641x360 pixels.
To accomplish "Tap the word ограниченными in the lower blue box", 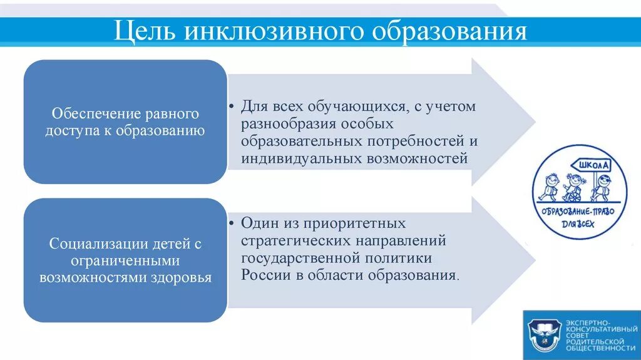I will tap(125, 260).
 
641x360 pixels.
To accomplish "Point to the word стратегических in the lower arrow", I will tap(290, 240).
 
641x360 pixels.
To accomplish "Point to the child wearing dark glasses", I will tap(602, 186).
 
